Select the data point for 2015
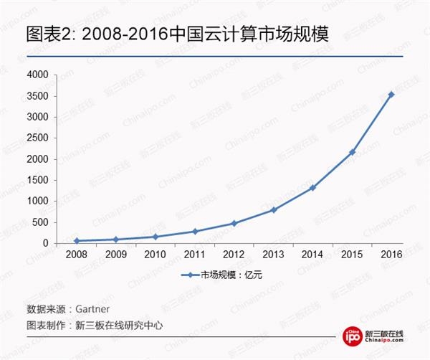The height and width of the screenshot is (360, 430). pyautogui.click(x=352, y=152)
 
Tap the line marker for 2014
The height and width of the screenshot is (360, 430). pyautogui.click(x=312, y=188)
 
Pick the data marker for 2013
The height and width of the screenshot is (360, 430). pyautogui.click(x=273, y=210)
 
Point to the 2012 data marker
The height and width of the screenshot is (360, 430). pyautogui.click(x=234, y=223)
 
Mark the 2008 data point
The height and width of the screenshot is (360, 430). pyautogui.click(x=76, y=241)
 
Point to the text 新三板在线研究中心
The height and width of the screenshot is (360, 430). pyautogui.click(x=119, y=325)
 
